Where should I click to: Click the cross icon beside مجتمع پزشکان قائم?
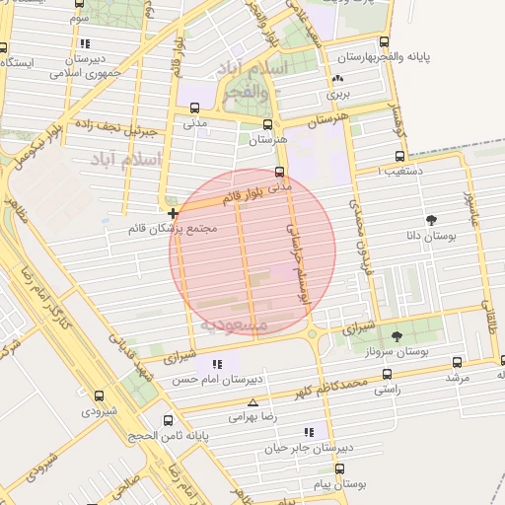point(173,213)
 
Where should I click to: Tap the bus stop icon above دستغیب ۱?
point(399,156)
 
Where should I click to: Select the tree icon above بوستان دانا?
point(431,220)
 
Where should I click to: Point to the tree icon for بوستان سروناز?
point(397,336)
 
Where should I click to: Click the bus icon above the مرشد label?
point(456,362)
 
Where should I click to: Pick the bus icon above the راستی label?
point(386,375)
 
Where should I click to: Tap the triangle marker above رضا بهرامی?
point(253,402)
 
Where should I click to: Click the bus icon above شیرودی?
point(99,396)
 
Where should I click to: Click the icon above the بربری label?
point(338,79)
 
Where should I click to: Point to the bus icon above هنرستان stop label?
point(267,124)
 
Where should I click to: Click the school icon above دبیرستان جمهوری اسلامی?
point(86,43)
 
